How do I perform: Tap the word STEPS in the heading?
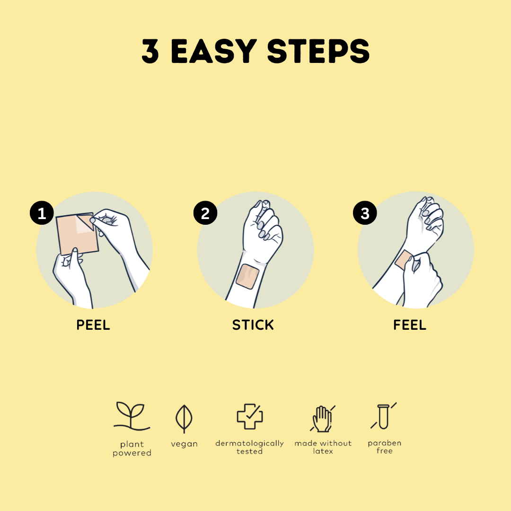click(318, 51)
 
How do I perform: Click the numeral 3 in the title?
click(150, 51)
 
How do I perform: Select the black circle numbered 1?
click(42, 213)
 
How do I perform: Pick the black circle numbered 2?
click(205, 213)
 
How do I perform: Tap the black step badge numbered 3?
click(365, 213)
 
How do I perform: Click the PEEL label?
click(93, 325)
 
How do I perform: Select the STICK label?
click(253, 325)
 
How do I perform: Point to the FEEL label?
click(410, 325)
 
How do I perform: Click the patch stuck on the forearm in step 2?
click(247, 276)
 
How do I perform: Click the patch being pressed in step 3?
click(404, 259)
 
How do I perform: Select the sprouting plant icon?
click(132, 415)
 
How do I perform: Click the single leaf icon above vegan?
click(184, 419)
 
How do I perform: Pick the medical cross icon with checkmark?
click(250, 416)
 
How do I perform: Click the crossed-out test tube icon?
click(384, 416)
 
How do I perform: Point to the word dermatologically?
click(250, 443)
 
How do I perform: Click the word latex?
click(323, 451)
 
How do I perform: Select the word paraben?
click(385, 443)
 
